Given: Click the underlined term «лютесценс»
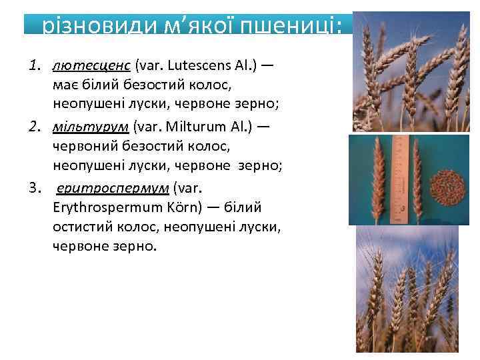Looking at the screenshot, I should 92,66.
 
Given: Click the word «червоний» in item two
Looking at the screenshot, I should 81,146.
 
